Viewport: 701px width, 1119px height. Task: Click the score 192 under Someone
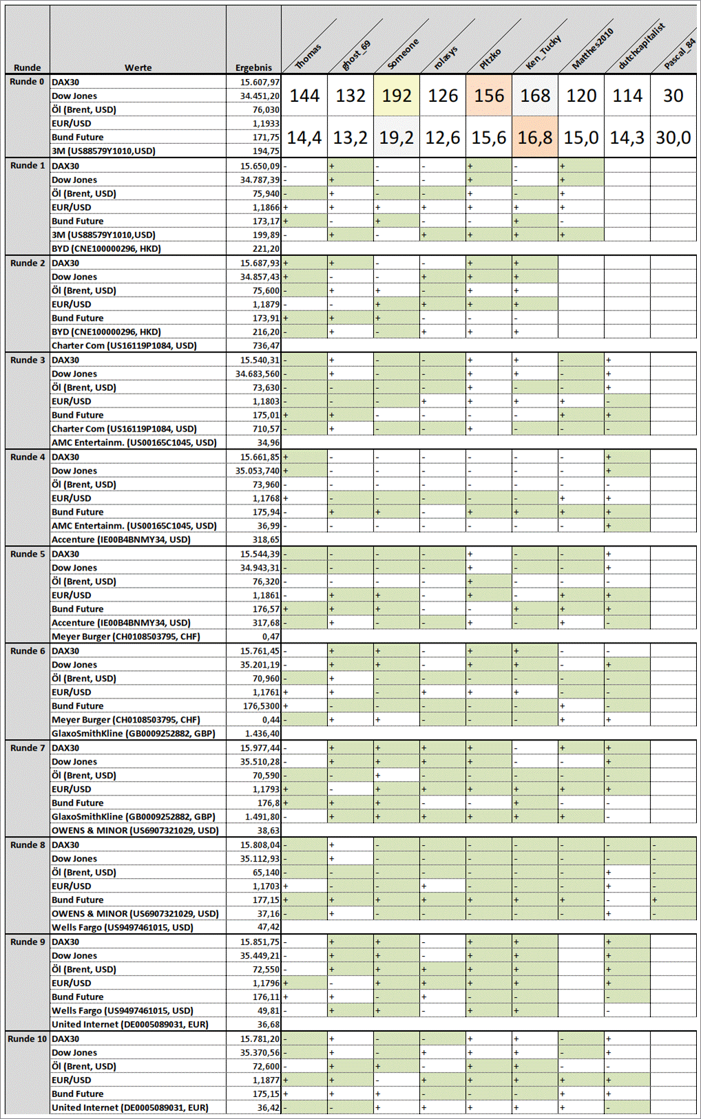coord(397,96)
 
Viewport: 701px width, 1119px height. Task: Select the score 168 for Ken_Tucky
coord(535,96)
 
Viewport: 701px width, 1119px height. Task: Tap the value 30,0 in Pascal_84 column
coord(673,138)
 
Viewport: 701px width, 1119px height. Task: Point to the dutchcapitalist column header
coord(641,46)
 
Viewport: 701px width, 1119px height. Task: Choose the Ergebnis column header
coord(253,67)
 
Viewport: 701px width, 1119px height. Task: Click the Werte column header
coord(138,67)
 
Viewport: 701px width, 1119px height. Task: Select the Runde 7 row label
coord(28,748)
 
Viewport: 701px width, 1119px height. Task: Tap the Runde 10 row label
coord(28,1038)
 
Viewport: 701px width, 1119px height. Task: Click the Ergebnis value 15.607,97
coord(260,82)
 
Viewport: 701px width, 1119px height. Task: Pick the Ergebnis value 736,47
coord(266,345)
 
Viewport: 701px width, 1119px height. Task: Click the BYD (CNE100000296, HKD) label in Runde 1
coord(106,248)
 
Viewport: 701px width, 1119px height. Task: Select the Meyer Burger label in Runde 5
coord(126,637)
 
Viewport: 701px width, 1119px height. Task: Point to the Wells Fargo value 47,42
coord(269,927)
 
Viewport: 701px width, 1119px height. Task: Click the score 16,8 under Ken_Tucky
coord(535,138)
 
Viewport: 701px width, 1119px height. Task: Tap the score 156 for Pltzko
coord(489,96)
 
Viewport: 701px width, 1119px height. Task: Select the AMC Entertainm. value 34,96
coord(269,443)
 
